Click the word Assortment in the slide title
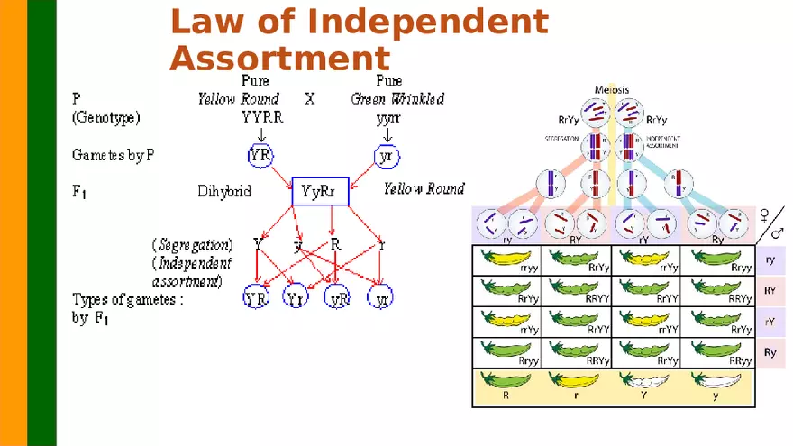pos(279,59)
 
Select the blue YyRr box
pos(320,191)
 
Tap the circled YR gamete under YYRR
pos(260,155)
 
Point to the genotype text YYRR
pos(261,117)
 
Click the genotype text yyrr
pos(388,117)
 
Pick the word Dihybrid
pos(224,191)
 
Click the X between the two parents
pos(309,98)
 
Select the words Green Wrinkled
pos(397,98)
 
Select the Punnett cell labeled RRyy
pos(718,353)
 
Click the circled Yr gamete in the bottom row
pos(296,298)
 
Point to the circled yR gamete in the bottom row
pos(339,298)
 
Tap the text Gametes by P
pos(113,155)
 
